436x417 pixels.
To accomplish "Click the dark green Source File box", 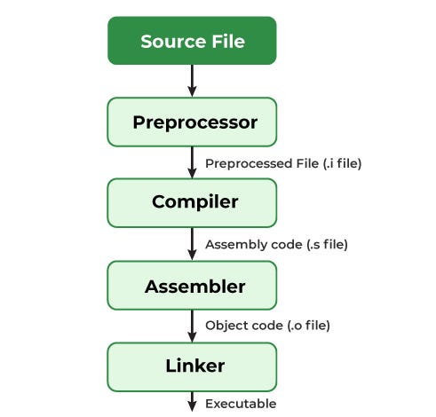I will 192,41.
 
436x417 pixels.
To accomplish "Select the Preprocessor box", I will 192,122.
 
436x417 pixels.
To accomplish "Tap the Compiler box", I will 192,202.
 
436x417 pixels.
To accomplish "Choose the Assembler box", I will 192,287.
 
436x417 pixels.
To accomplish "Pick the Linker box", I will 192,366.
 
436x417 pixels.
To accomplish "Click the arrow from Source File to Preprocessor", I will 192,81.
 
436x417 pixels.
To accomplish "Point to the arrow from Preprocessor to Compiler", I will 192,162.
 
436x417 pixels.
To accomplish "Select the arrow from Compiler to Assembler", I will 192,244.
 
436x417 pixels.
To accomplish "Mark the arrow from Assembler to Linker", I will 192,326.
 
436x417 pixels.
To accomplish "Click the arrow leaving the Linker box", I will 192,401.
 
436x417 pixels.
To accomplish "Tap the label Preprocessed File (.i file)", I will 283,163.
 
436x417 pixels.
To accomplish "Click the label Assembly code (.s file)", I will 276,244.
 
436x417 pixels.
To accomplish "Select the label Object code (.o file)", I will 267,326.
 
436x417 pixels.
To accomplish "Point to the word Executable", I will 241,404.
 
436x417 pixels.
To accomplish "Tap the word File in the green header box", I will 225,41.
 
